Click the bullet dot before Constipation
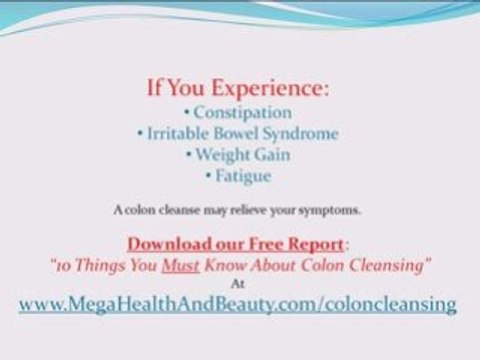coord(189,113)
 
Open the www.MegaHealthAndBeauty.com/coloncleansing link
coord(238,303)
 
